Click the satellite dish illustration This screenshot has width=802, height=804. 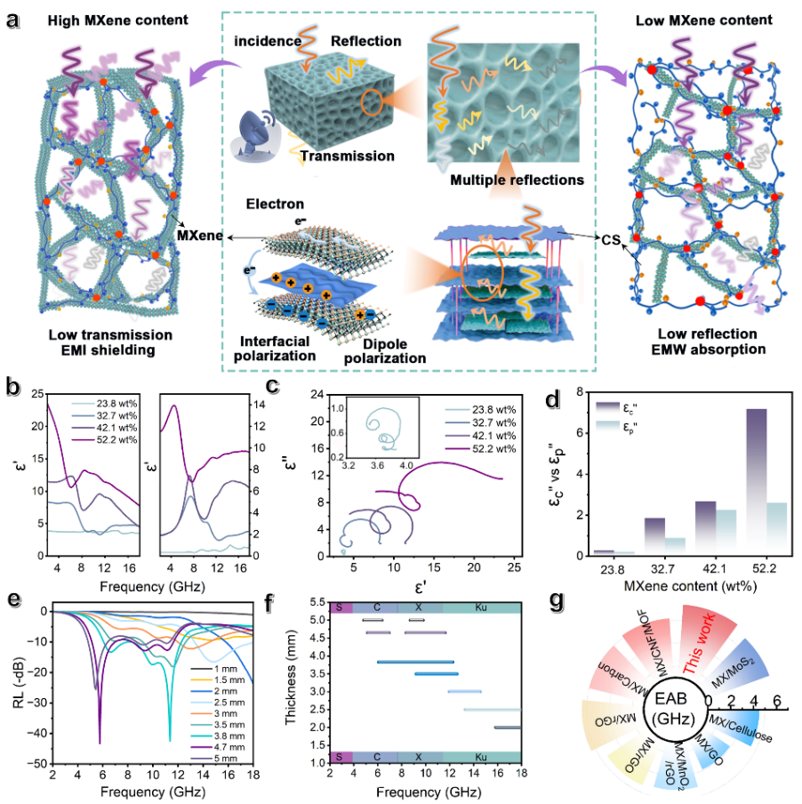tap(256, 134)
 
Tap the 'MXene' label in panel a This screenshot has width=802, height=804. tap(200, 236)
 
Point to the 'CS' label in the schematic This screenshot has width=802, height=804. tap(611, 239)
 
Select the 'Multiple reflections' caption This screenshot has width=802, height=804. tap(517, 180)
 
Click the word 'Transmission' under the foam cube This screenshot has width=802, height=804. tap(348, 156)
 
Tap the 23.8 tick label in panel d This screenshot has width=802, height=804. tap(613, 569)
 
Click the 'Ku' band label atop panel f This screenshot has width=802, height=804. tap(481, 607)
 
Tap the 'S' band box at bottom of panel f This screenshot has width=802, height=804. tap(341, 757)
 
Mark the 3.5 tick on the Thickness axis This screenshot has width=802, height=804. tap(318, 673)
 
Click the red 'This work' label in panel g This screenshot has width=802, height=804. tap(700, 643)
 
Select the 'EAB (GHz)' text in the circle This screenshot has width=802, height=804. tap(672, 708)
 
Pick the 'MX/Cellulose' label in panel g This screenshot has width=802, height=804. tap(741, 728)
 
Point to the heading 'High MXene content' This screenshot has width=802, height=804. tap(118, 20)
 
